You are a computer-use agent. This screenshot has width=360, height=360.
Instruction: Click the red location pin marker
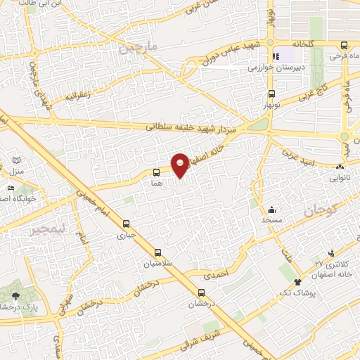point(180,165)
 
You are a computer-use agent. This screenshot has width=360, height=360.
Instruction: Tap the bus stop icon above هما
point(156,172)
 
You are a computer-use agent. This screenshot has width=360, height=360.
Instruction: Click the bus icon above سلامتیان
point(156,251)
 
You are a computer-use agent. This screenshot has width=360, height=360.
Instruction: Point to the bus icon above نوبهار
point(271,93)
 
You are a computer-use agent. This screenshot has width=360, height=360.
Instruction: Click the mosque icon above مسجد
point(272,210)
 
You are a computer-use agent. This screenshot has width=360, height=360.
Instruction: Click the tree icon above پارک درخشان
point(15,295)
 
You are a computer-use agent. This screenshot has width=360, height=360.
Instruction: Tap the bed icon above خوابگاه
point(10,188)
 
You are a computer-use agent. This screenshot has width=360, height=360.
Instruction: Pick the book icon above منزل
point(15,161)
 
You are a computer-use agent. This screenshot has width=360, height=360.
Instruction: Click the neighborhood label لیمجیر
point(46,230)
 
